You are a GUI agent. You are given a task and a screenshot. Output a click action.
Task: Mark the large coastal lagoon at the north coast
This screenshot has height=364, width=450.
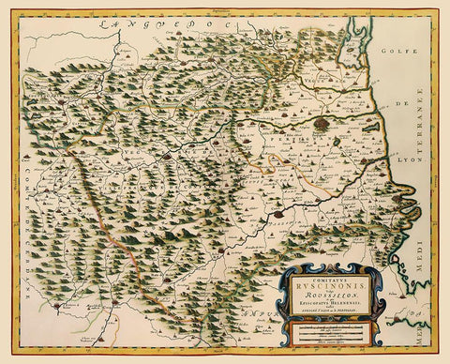(362, 56)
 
